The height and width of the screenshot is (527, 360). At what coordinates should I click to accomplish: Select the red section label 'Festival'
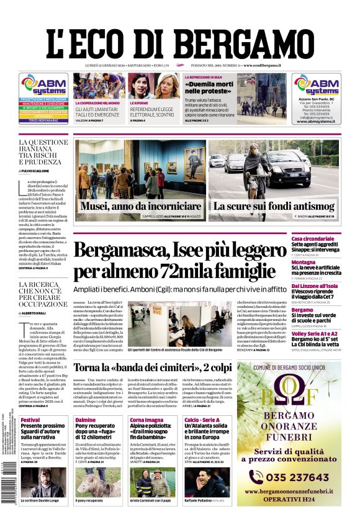(x=30, y=420)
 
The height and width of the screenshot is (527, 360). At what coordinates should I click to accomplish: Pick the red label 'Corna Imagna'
(x=147, y=420)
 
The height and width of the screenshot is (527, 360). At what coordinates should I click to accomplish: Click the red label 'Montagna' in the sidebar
(x=321, y=262)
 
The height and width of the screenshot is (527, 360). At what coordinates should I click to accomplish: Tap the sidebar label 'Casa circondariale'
(x=330, y=239)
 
